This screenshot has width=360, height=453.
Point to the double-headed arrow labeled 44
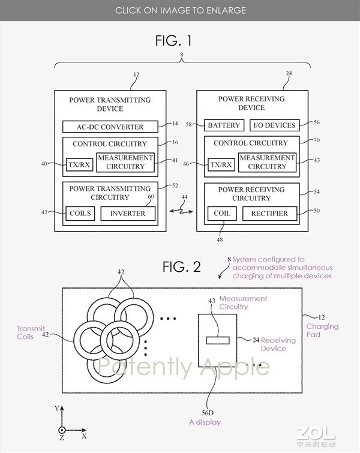[x=181, y=211]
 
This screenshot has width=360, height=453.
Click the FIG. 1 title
[x=173, y=40]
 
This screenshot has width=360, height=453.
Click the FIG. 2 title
[x=181, y=266]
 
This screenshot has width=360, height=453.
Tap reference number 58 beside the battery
[x=188, y=125]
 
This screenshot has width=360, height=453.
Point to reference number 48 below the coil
[x=220, y=239]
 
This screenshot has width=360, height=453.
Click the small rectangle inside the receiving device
[x=218, y=340]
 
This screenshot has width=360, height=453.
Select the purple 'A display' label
[x=205, y=422]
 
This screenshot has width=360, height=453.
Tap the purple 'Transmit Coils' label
[x=31, y=332]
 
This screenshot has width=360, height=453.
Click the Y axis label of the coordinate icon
[x=57, y=408]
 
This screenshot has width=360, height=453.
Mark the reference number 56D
[x=208, y=413]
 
